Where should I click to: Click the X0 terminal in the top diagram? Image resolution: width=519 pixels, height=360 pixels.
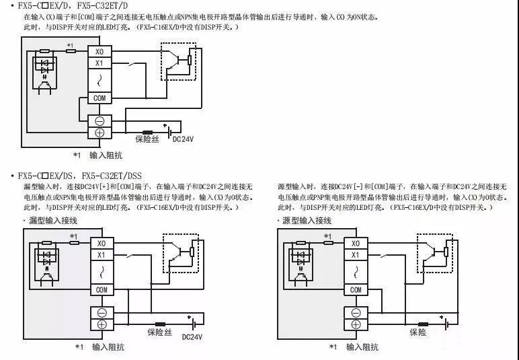(x=99, y=51)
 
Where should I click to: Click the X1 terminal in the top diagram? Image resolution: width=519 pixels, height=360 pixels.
(x=99, y=63)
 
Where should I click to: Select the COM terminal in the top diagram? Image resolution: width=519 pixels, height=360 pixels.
(x=99, y=98)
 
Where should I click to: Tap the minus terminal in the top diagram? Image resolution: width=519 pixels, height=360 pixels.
(x=99, y=121)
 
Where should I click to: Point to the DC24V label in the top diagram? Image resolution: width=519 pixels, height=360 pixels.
(x=184, y=140)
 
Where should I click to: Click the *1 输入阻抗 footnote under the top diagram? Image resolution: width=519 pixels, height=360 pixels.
(x=97, y=155)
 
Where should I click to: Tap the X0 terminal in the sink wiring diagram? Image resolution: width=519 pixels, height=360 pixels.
(x=102, y=243)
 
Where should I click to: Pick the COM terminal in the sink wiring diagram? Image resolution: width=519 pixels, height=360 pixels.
(x=102, y=289)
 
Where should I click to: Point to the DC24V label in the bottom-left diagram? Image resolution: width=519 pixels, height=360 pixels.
(x=192, y=336)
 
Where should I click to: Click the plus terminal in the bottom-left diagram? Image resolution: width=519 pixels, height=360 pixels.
(x=102, y=324)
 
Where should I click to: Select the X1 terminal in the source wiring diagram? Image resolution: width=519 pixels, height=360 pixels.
(x=356, y=255)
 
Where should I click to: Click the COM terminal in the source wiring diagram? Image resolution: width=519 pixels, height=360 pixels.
(x=356, y=289)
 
